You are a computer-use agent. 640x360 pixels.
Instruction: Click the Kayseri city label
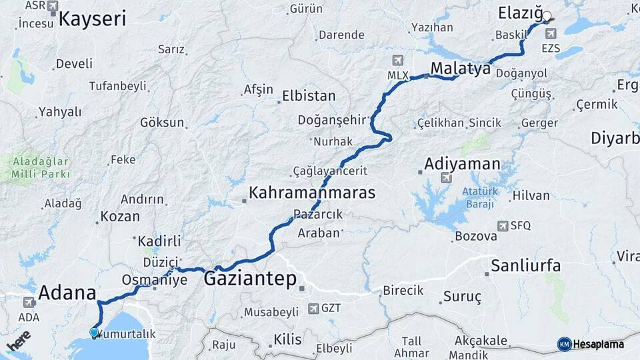(92, 19)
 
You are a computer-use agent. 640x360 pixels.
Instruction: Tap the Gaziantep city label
(250, 279)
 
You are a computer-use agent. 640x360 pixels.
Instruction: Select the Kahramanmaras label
(312, 193)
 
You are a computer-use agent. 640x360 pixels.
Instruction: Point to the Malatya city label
(461, 68)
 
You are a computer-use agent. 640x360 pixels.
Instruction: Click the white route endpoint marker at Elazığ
(547, 17)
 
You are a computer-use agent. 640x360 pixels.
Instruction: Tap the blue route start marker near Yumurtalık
(94, 332)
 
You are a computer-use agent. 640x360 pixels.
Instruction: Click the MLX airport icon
(399, 60)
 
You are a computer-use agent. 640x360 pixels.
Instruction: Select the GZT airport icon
(313, 309)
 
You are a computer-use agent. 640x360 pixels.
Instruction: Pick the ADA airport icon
(29, 302)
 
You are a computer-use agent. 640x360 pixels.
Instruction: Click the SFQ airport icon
(502, 226)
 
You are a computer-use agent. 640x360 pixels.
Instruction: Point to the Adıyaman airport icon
(446, 177)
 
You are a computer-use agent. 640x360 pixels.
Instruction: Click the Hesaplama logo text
(598, 344)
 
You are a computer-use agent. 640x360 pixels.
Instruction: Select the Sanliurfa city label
(525, 266)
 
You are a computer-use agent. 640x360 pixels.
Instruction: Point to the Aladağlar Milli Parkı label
(40, 168)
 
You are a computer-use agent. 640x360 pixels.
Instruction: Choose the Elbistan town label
(309, 96)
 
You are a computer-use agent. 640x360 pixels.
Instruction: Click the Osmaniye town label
(155, 280)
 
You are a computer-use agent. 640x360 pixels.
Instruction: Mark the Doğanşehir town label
(341, 120)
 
